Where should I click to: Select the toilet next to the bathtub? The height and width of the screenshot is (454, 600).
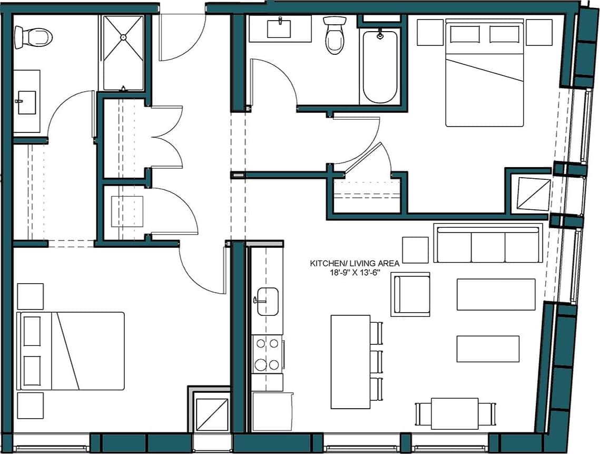tap(334, 36)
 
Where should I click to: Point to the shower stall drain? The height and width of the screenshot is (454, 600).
tap(123, 37)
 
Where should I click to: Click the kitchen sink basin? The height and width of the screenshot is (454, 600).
tap(268, 301)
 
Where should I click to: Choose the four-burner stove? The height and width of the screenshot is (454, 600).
tap(267, 354)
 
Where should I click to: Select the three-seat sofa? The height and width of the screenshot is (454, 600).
tap(488, 243)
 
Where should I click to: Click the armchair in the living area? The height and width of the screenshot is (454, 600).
tap(410, 294)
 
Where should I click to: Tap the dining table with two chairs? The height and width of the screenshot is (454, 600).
tap(455, 413)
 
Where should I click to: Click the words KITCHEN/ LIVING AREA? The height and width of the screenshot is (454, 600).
tap(355, 262)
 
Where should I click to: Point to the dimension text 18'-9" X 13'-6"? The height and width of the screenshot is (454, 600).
tap(355, 272)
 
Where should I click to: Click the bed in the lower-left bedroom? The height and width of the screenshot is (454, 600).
tap(71, 351)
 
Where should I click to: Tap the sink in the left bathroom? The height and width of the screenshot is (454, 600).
tap(26, 101)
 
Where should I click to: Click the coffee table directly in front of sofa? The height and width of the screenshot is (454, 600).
tap(496, 294)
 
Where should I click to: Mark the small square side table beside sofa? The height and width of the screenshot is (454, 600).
tap(415, 250)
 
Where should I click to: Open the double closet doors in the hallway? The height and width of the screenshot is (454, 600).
tap(166, 138)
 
